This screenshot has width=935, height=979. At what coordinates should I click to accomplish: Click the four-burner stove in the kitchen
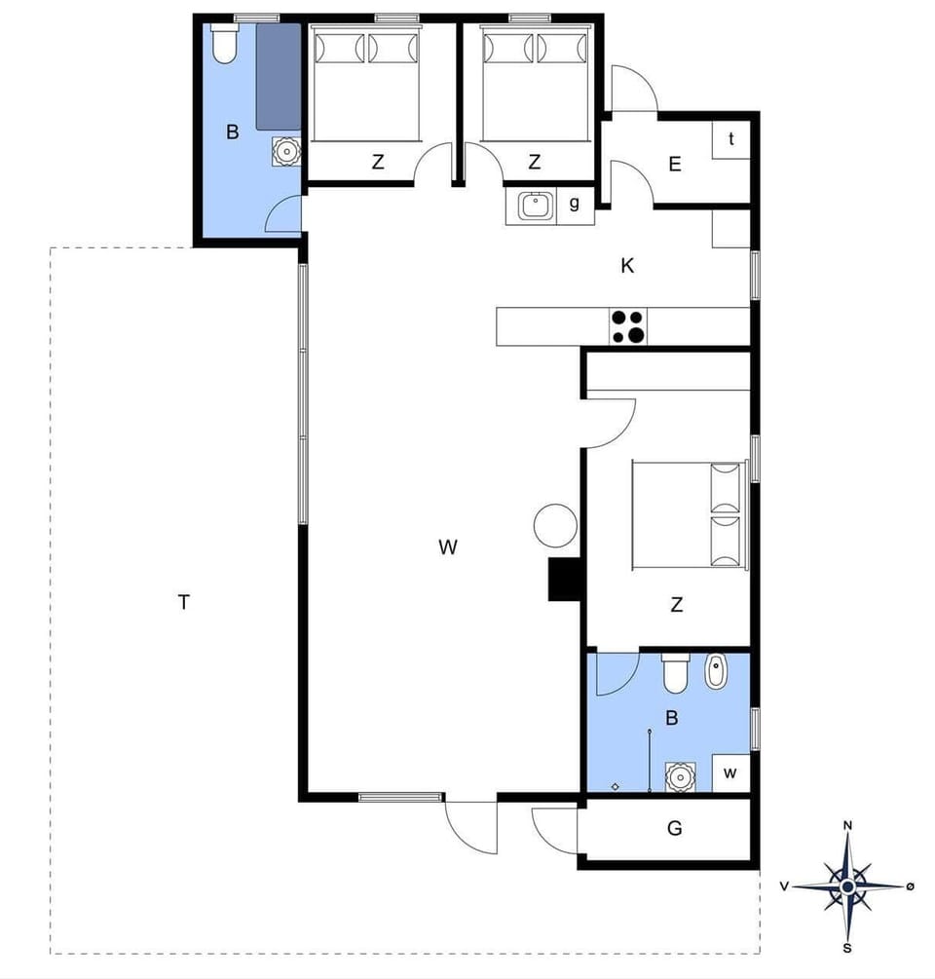tap(628, 326)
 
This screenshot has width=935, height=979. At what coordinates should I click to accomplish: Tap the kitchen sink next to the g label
tap(535, 206)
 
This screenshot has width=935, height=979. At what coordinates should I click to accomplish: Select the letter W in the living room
tap(447, 547)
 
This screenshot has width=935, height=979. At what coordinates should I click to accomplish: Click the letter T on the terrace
tap(183, 602)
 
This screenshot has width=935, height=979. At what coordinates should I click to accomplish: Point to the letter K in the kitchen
tap(627, 266)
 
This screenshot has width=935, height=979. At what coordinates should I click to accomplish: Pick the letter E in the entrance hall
tap(675, 165)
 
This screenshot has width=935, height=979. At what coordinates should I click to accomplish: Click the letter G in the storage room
tap(674, 829)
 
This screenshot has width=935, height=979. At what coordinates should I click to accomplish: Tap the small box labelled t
tap(730, 138)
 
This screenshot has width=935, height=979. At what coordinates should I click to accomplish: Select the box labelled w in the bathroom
tap(730, 773)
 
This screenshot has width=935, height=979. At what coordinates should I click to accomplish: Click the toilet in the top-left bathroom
tap(224, 45)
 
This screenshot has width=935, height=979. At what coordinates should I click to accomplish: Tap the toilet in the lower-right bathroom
tap(675, 672)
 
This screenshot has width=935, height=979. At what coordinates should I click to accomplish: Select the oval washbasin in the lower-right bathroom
tap(716, 672)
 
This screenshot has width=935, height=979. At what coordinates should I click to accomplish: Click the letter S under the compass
tap(847, 948)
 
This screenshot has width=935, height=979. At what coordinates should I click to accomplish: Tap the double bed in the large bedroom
tap(691, 515)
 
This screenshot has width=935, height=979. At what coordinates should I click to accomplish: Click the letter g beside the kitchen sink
tap(575, 204)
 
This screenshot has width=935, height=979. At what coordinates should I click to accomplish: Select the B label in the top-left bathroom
tap(232, 132)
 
